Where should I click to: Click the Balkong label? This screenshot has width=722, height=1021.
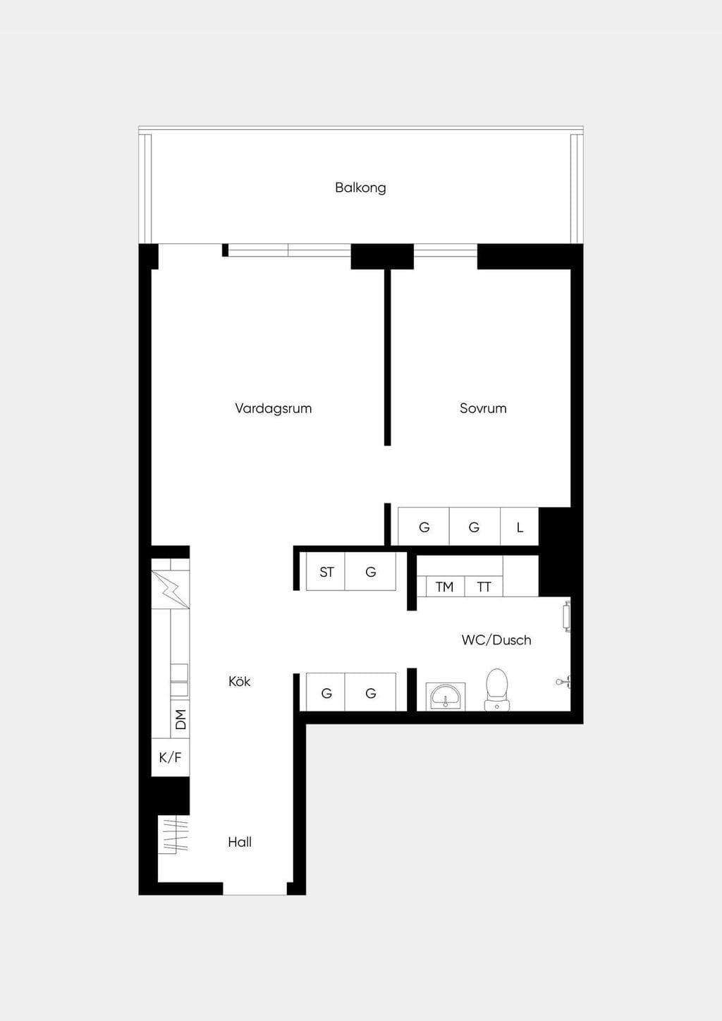click(360, 188)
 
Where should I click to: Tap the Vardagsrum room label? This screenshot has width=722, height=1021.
click(273, 408)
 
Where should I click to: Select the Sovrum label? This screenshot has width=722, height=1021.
click(483, 408)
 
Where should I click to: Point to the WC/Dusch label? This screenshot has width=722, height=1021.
click(496, 640)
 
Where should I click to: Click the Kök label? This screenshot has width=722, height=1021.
click(239, 681)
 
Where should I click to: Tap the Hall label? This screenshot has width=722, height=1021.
click(240, 842)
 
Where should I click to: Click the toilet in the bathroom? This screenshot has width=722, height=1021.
click(496, 690)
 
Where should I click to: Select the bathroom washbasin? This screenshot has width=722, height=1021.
click(446, 697)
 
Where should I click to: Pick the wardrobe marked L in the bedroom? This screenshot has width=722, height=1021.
click(520, 527)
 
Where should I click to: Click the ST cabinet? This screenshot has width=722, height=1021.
click(326, 572)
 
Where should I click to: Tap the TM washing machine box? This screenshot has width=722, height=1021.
click(445, 586)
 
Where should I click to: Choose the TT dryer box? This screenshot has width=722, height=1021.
click(484, 586)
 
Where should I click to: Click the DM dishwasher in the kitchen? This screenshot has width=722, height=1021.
click(180, 719)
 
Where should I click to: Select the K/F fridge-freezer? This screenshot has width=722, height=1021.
click(171, 757)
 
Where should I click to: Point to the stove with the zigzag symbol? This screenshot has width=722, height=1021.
click(171, 589)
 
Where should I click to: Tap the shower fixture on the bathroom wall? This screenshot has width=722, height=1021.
click(563, 682)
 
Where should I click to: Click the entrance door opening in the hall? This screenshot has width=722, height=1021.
click(255, 888)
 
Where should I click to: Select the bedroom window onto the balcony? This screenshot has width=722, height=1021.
click(446, 250)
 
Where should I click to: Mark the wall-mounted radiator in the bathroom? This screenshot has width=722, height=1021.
click(567, 616)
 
